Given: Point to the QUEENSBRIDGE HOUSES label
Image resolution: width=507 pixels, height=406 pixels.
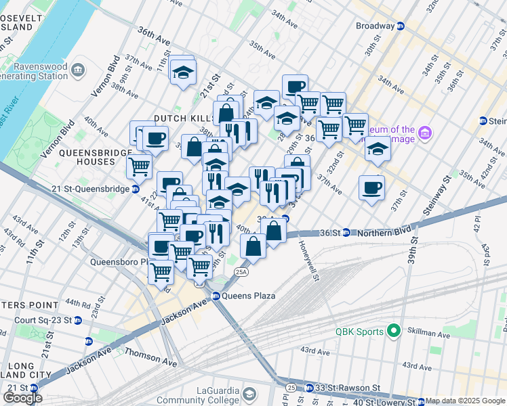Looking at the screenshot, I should (96, 157).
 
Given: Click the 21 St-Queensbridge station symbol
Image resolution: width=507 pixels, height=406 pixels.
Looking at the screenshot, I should (136, 189).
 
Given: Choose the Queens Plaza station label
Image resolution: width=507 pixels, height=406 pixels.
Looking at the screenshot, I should (243, 295).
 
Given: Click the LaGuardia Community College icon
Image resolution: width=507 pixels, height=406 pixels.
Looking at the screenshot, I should (249, 394).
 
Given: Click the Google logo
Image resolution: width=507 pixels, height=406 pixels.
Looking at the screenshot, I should (22, 397).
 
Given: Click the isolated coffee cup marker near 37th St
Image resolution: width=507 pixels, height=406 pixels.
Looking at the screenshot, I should (371, 187).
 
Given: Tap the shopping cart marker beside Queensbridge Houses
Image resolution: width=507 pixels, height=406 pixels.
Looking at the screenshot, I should (139, 164).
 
